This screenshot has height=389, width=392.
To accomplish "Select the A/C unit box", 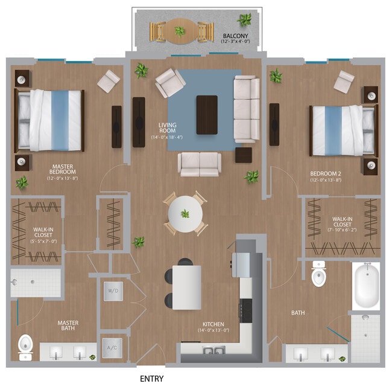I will tap(113, 347).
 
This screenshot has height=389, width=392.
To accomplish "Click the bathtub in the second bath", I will tap(366, 287).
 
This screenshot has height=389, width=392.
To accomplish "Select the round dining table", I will tap(186, 213).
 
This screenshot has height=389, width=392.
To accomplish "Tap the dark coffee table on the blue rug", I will tap(207, 115).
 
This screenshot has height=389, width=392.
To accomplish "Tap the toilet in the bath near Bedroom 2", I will tap(319, 275).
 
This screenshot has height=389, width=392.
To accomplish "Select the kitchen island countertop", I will tap(187, 288).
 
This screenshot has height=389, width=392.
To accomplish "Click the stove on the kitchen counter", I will tap(246, 309).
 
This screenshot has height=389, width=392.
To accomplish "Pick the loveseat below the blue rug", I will tap(199, 163).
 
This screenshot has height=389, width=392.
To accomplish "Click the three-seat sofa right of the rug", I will tap(246, 110).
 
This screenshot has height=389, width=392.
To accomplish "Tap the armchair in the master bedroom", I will tap(109, 81).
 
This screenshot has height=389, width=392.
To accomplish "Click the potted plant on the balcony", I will tap(244, 20).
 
